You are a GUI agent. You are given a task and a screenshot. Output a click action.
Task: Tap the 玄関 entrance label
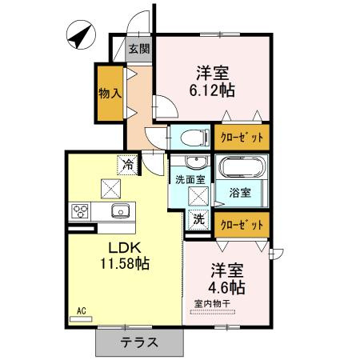coord(139,49)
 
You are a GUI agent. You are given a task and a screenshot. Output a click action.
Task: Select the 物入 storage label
coord(110,94)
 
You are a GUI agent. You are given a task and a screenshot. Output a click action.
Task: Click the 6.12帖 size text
coord(212,90)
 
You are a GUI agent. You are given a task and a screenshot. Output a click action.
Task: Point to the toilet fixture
coord(196,138)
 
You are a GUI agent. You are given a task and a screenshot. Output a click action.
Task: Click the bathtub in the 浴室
coord(242,167)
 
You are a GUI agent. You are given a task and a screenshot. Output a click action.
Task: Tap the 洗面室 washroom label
coord(190,180)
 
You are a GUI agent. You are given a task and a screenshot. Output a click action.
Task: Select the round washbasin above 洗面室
coord(197,162)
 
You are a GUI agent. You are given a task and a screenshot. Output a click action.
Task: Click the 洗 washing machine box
coord(199,219)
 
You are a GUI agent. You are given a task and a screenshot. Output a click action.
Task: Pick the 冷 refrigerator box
coord(128,165)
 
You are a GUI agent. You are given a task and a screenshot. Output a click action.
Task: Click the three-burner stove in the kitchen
coord(80,211)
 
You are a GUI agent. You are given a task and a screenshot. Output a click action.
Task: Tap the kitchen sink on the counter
coord(121,211)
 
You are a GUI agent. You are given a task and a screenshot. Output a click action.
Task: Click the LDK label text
coord(124,249)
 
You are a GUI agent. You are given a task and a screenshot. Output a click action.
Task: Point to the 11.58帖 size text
coord(125,263)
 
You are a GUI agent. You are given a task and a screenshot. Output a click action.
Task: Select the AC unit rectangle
coord(81,319)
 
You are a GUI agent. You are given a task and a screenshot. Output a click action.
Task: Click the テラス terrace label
coord(139,342)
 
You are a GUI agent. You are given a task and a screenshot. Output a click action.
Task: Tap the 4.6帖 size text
coord(226,287)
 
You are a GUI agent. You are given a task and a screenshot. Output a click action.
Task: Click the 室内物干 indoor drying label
coord(212,303)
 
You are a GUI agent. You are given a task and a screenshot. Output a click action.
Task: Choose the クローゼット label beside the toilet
coord(242,138)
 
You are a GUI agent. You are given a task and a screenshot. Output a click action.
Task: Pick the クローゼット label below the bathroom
coord(242,225)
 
